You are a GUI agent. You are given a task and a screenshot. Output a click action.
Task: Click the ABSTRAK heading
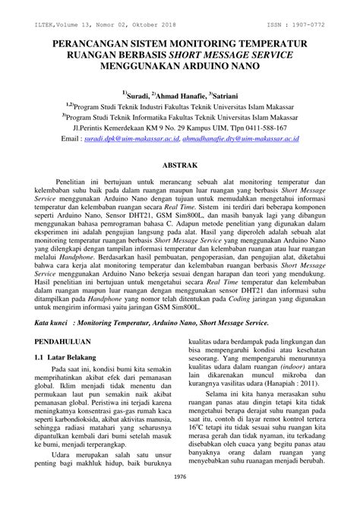coord(180,164)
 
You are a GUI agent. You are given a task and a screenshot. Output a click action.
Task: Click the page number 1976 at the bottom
coord(180,498)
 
